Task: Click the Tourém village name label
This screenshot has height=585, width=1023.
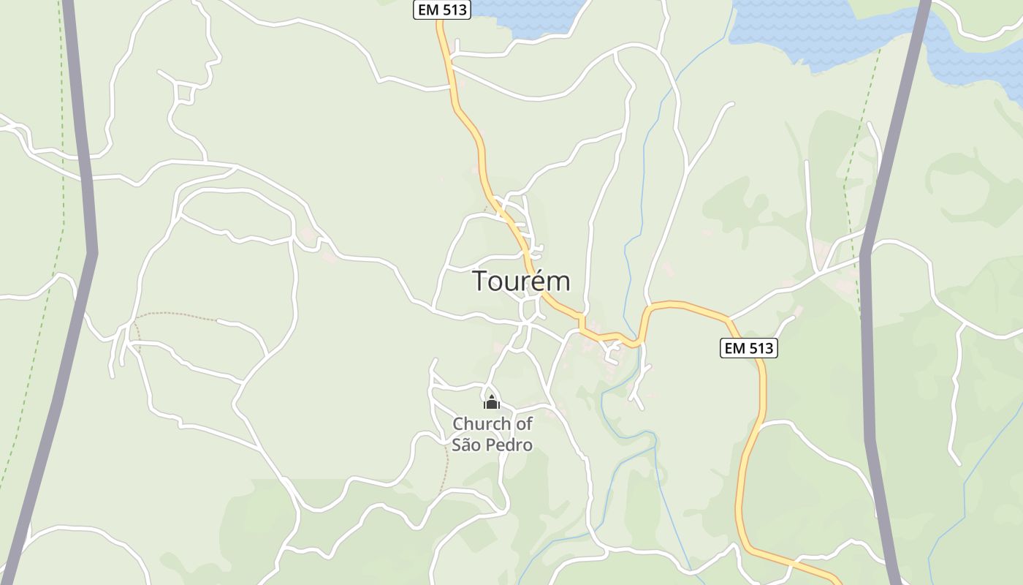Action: [x=521, y=281]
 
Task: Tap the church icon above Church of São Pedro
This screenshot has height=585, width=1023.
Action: [x=492, y=402]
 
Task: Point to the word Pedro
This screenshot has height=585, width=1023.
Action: [x=509, y=445]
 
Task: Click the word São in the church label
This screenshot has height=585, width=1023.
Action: [x=465, y=445]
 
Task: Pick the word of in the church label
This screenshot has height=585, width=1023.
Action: [x=524, y=423]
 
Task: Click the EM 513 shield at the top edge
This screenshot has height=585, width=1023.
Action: [x=442, y=10]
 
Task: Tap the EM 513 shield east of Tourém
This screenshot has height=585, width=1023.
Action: [x=748, y=348]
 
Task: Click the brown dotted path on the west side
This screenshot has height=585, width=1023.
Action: [x=175, y=314]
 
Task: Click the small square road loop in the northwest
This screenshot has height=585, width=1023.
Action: [x=185, y=93]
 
